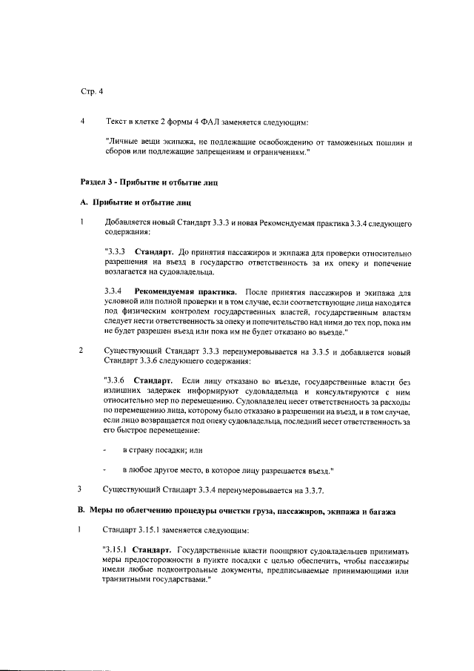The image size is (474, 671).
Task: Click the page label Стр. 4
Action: tap(92, 92)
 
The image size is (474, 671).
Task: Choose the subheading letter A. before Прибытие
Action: tap(84, 202)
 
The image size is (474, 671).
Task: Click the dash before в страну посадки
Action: tap(105, 450)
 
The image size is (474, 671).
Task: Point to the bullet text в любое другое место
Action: tap(167, 470)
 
